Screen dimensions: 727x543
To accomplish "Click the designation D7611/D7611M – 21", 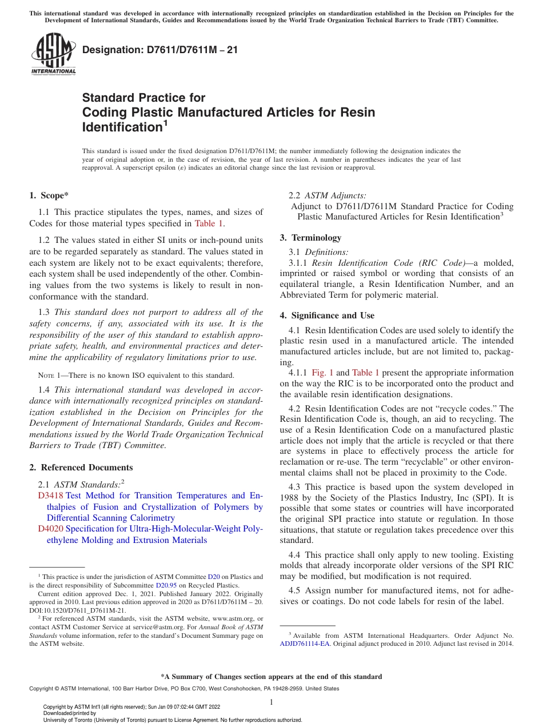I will coord(160,50).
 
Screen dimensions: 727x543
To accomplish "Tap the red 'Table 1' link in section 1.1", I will coord(209,223).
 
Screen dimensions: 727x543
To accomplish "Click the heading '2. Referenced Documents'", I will coord(81,468).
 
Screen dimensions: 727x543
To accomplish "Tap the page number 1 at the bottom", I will coord(271,702).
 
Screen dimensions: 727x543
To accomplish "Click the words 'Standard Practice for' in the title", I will coord(143,98).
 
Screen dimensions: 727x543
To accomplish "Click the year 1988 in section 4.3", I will coord(291,498).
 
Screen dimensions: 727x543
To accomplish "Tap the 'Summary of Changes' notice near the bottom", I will coord(271,677).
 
